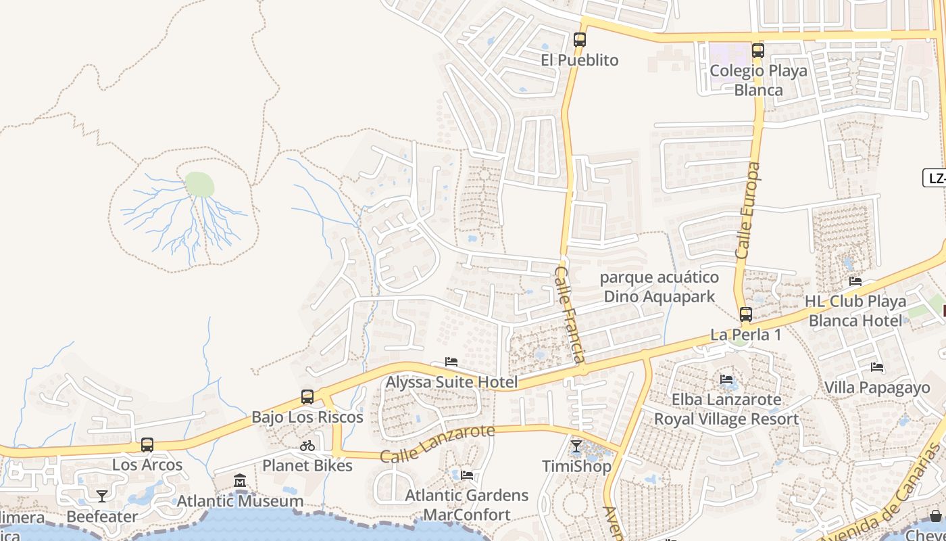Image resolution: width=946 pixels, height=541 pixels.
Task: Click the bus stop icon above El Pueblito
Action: point(579,40)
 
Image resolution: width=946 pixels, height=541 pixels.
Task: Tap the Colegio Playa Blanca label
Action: point(758,80)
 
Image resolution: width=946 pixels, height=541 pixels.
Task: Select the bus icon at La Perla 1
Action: point(745,314)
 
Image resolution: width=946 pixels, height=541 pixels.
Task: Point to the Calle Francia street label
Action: point(570,314)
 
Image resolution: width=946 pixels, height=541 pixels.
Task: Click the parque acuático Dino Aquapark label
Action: point(659,287)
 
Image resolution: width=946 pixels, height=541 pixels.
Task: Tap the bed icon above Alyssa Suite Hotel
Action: point(451,362)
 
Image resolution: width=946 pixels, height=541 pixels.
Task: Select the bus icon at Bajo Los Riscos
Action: point(307,397)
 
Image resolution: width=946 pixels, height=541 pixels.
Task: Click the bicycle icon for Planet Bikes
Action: point(307,446)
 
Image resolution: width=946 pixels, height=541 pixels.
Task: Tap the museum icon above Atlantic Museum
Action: point(240,481)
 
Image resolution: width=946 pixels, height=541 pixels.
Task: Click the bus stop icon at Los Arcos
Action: point(147,445)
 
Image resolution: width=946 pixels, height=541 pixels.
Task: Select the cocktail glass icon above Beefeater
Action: point(101,496)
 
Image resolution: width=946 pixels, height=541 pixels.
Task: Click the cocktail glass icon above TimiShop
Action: point(576,446)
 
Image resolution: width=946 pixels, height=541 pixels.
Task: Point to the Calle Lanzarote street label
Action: point(437,444)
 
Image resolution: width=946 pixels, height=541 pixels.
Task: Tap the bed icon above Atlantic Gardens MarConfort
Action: point(467,475)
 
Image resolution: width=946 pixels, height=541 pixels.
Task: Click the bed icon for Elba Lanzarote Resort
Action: point(726,379)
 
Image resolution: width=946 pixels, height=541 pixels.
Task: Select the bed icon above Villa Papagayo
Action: point(877,367)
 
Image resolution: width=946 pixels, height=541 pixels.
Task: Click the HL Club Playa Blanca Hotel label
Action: point(855,310)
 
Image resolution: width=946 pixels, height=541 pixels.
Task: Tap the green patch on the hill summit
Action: point(199,184)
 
